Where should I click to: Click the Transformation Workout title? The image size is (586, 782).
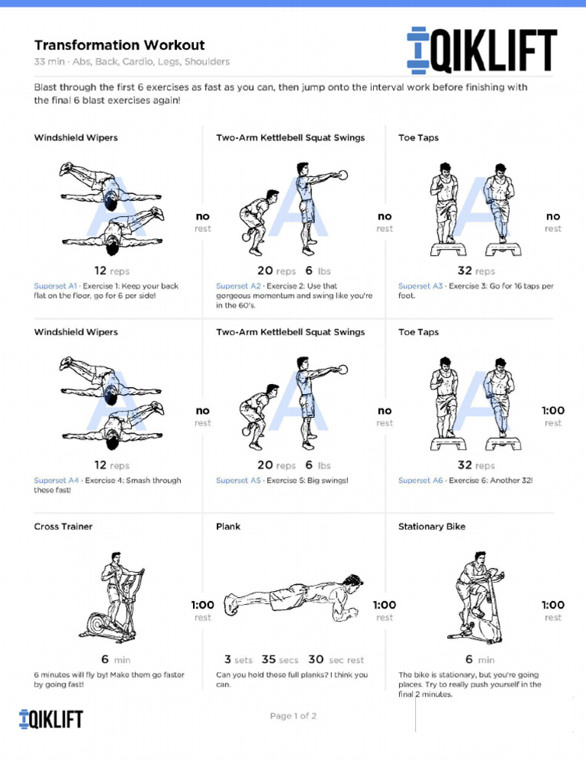click(119, 45)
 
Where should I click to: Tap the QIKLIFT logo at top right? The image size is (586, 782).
click(481, 53)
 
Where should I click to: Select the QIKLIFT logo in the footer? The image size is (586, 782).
click(50, 719)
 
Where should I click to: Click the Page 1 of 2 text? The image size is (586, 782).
click(293, 716)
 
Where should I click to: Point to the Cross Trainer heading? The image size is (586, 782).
click(63, 526)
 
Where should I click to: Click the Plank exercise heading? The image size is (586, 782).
click(228, 526)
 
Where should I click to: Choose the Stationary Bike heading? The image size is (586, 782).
click(431, 526)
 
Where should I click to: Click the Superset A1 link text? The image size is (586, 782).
click(56, 286)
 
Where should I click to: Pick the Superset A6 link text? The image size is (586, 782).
click(420, 480)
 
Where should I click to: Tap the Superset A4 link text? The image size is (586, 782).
click(56, 480)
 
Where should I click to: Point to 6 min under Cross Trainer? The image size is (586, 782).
click(115, 660)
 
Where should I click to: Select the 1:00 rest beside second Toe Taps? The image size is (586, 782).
click(552, 416)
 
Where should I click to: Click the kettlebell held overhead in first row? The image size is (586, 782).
click(343, 175)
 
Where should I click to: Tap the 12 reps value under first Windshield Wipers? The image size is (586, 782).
click(111, 271)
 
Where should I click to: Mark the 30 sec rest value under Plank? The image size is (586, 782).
click(336, 660)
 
